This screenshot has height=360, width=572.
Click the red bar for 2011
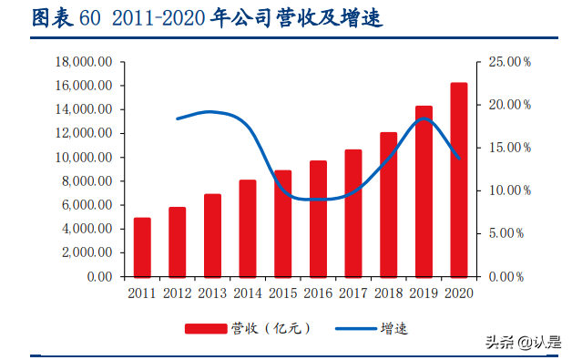142,247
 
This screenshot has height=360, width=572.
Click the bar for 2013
212,235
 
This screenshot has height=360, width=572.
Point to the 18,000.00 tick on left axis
84,62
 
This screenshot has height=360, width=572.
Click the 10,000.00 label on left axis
84,157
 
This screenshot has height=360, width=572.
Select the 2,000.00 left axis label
87,252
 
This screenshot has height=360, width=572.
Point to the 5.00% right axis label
506,233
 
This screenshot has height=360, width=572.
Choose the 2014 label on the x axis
247,293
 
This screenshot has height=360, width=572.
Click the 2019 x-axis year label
424,293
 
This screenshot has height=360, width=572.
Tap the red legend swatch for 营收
207,328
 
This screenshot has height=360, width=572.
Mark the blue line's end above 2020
458,159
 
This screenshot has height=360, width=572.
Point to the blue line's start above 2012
178,118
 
